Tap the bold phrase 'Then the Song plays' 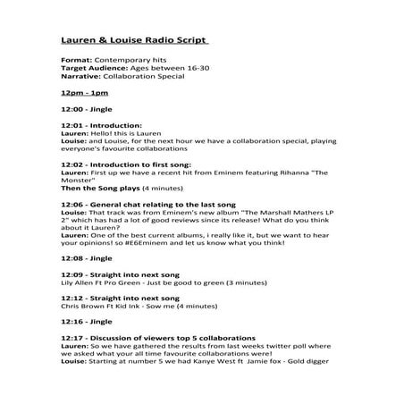97,189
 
